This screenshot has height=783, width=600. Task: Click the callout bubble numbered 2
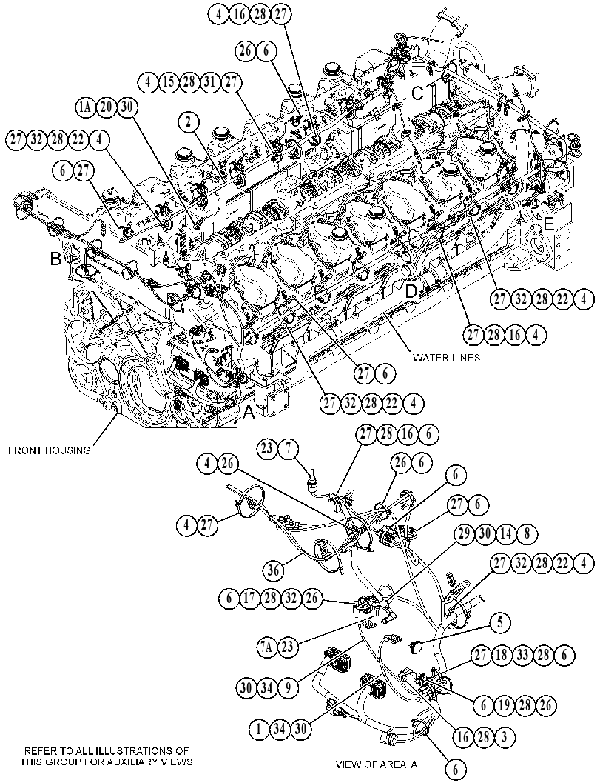coord(189,122)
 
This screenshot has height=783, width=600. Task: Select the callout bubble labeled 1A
coord(85,107)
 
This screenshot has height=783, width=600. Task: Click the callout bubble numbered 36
coord(274,569)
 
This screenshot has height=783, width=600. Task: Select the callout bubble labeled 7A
coord(268,647)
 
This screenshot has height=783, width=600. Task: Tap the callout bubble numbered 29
coord(465,534)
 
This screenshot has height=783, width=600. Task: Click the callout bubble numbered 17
coord(249,599)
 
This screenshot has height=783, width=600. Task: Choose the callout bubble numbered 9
coord(287,689)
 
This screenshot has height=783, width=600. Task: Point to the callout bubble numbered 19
coord(505,704)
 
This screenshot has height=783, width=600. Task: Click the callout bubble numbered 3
coord(505,736)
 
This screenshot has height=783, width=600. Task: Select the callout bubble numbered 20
coord(106,107)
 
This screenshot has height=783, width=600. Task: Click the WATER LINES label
coord(446,358)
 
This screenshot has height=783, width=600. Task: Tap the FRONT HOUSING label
coord(50,450)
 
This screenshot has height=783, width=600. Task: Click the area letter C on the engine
coord(417,93)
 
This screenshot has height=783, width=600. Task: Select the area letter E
coord(549,224)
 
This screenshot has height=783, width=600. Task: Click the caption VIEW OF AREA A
coord(377,764)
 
